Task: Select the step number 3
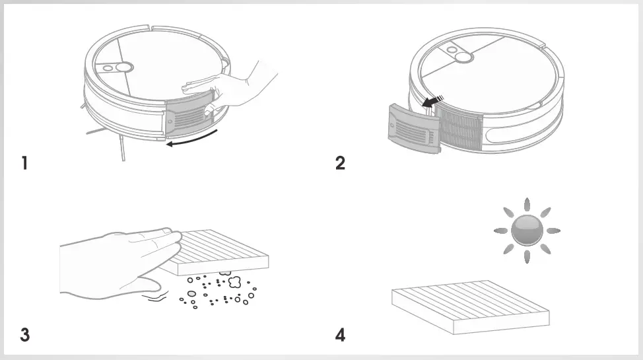point(24,335)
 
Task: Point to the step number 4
point(340,335)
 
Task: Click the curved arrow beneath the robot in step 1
point(192,139)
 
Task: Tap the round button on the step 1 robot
point(119,68)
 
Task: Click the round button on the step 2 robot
point(463,57)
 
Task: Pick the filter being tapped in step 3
point(224,250)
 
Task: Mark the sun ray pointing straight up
point(527,205)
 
